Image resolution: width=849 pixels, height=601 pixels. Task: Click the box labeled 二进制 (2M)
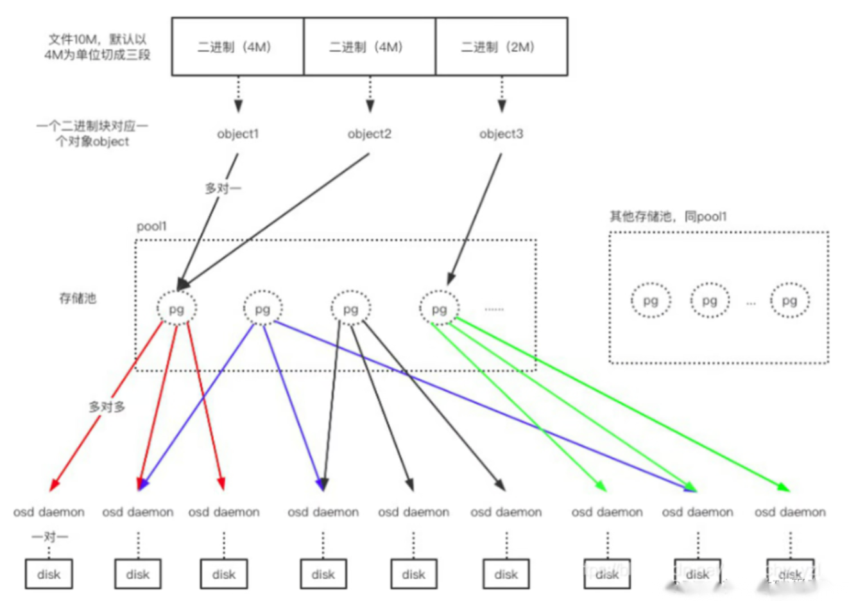pyautogui.click(x=501, y=47)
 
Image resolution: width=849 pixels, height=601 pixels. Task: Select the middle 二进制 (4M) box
pyautogui.click(x=369, y=47)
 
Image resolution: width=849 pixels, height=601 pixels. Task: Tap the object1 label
pyautogui.click(x=237, y=134)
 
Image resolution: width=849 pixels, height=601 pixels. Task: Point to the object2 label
pyautogui.click(x=369, y=134)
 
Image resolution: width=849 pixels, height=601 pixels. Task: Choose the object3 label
pyautogui.click(x=501, y=134)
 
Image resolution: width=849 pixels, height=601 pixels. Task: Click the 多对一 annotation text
pyautogui.click(x=223, y=188)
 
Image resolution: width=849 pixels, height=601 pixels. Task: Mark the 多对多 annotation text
pyautogui.click(x=107, y=407)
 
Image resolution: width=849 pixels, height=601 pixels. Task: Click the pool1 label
pyautogui.click(x=151, y=227)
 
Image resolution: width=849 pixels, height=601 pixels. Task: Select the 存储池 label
pyautogui.click(x=78, y=298)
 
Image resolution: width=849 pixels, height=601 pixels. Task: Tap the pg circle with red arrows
pyautogui.click(x=176, y=309)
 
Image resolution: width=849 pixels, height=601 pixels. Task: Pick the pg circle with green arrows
pyautogui.click(x=439, y=309)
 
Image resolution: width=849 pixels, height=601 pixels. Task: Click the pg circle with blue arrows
pyautogui.click(x=262, y=309)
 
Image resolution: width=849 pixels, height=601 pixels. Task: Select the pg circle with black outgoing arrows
pyautogui.click(x=350, y=309)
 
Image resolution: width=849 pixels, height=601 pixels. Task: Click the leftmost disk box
pyautogui.click(x=49, y=574)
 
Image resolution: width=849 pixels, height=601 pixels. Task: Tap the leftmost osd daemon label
pyautogui.click(x=49, y=512)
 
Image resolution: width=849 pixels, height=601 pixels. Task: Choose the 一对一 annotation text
pyautogui.click(x=50, y=536)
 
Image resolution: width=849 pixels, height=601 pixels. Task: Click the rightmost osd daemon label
pyautogui.click(x=790, y=512)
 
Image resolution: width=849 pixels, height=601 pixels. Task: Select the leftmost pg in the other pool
pyautogui.click(x=651, y=300)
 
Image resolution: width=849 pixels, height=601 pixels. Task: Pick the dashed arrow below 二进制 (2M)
pyautogui.click(x=502, y=94)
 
